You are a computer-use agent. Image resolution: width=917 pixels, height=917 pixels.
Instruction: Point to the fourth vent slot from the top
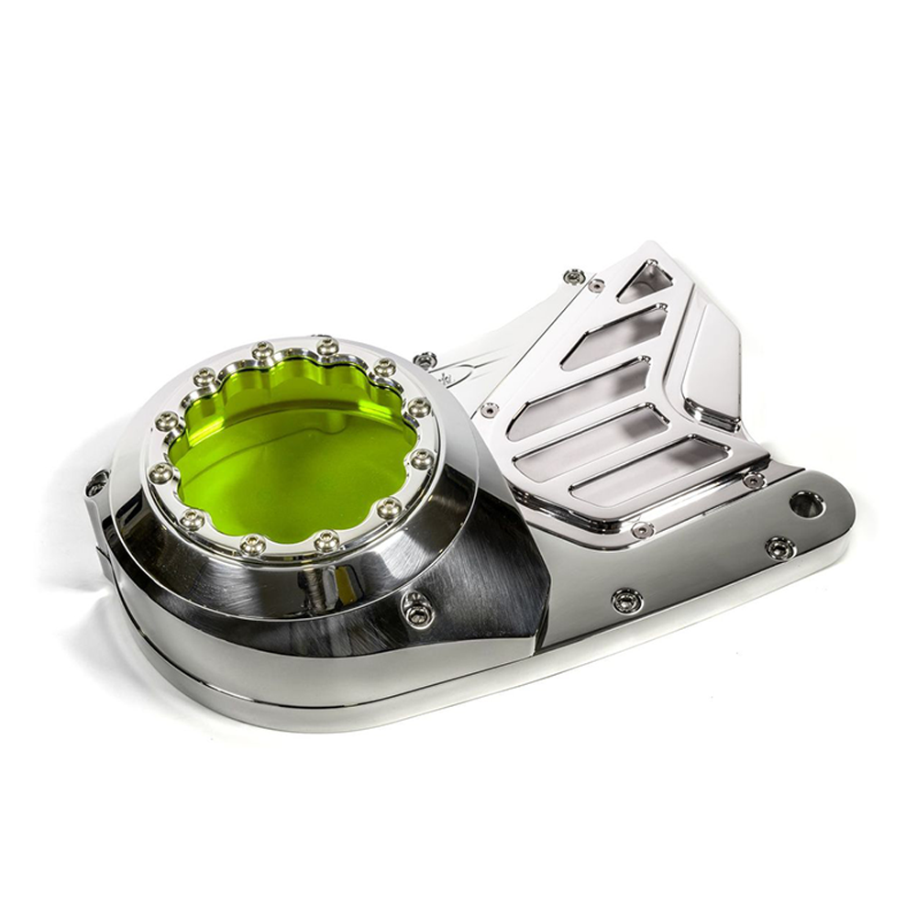point(591,443)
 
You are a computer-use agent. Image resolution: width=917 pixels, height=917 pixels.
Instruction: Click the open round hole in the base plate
point(806,503)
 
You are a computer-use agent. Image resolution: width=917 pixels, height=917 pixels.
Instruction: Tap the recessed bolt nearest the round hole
point(779,547)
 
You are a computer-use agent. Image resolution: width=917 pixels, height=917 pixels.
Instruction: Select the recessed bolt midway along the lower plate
point(627,601)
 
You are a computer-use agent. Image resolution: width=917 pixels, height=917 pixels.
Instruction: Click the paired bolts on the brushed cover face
point(417,609)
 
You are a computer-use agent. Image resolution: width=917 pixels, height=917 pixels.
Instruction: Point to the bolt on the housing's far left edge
point(96,483)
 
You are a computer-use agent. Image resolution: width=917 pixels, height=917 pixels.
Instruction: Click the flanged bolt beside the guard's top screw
point(575,275)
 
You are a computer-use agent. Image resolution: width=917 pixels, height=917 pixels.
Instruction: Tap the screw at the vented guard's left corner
point(490,409)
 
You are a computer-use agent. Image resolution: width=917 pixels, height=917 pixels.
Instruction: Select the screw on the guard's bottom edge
point(642,529)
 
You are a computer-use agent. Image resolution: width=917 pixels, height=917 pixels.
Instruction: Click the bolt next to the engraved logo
point(425,359)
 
